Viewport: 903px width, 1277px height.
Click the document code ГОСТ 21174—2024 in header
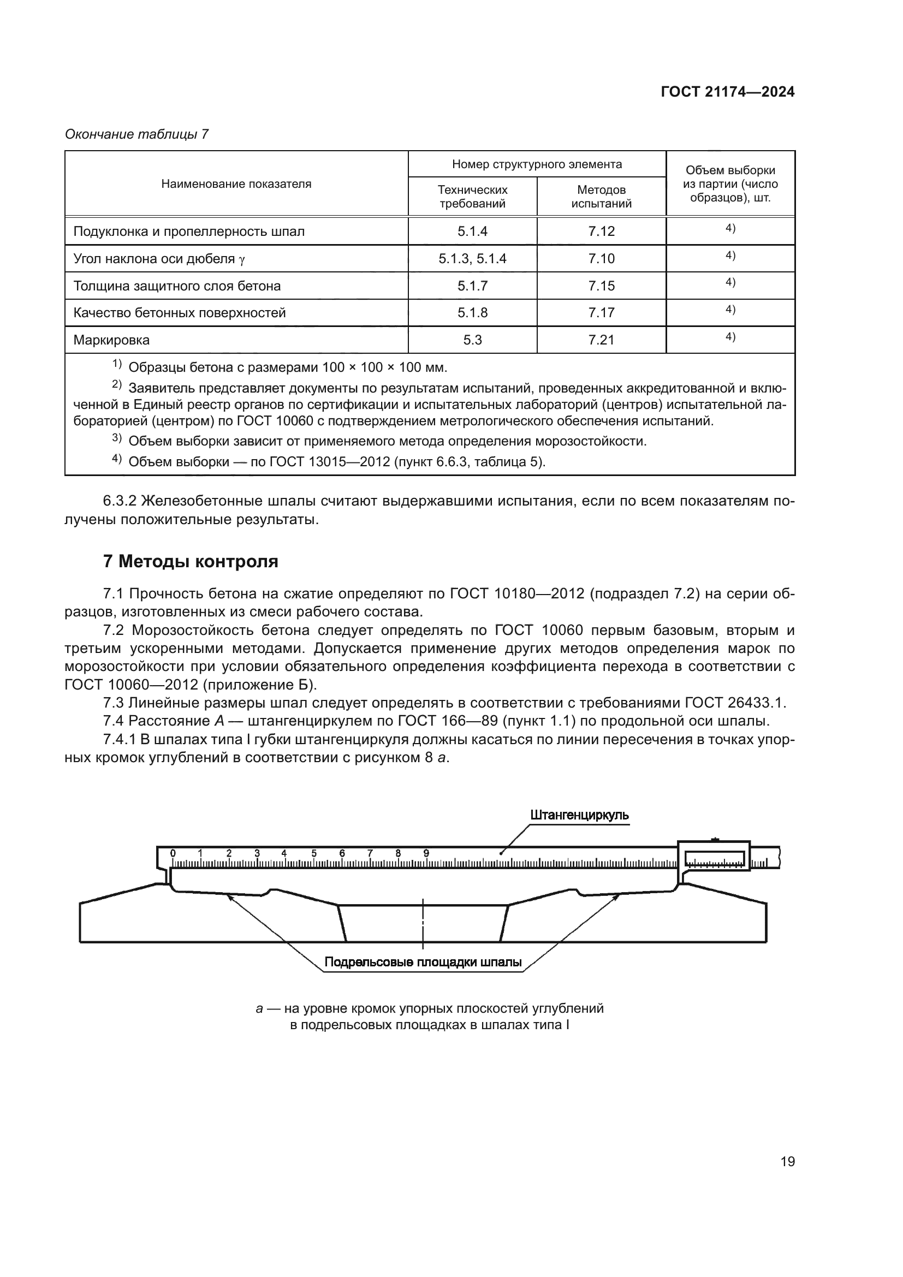click(727, 92)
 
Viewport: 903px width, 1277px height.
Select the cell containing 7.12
click(601, 231)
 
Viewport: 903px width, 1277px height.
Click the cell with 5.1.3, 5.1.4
click(472, 259)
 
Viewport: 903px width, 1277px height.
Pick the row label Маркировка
click(112, 340)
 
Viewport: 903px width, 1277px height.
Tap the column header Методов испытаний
click(601, 197)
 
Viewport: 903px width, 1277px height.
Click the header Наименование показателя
click(236, 184)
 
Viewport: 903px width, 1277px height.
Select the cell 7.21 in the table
click(601, 340)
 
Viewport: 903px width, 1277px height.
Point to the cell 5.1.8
click(472, 313)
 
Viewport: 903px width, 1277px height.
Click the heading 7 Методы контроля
click(191, 562)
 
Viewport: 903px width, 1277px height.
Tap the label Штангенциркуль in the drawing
click(579, 815)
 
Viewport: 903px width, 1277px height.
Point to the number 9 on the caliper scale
click(426, 853)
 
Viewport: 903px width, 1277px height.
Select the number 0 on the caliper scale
click(173, 853)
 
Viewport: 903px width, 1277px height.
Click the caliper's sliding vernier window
click(715, 859)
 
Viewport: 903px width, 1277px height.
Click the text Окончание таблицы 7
click(137, 135)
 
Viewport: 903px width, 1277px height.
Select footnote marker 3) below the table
click(116, 438)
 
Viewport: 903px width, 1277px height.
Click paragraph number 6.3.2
click(120, 501)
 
